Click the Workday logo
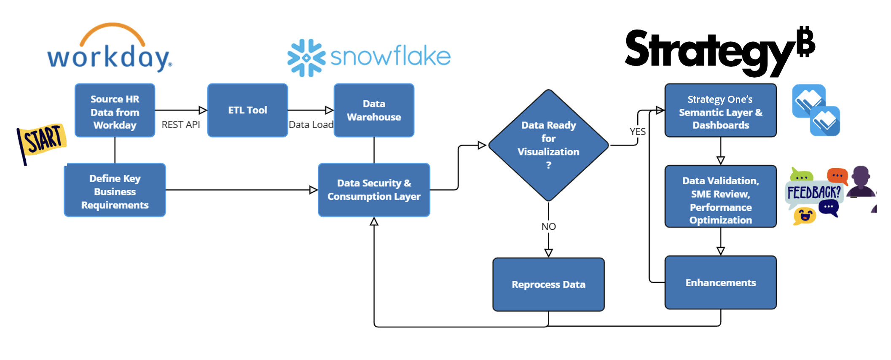pyautogui.click(x=110, y=48)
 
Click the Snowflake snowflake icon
pyautogui.click(x=306, y=58)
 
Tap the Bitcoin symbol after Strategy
pyautogui.click(x=806, y=42)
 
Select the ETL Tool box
pyautogui.click(x=247, y=110)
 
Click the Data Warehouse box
pyautogui.click(x=374, y=110)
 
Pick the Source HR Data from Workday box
pyautogui.click(x=115, y=110)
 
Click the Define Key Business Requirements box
pyautogui.click(x=115, y=191)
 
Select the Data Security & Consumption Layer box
pyautogui.click(x=374, y=190)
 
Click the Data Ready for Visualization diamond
pyautogui.click(x=548, y=145)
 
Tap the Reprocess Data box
pyautogui.click(x=548, y=285)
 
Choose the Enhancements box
pyautogui.click(x=720, y=282)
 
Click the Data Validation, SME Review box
pyautogui.click(x=720, y=197)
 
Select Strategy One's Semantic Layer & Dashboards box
pyautogui.click(x=720, y=110)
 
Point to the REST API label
pyautogui.click(x=181, y=125)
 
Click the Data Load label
pyautogui.click(x=311, y=125)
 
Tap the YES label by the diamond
pyautogui.click(x=637, y=132)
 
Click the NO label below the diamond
pyautogui.click(x=548, y=227)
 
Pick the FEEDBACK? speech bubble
pyautogui.click(x=813, y=193)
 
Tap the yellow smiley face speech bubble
pyautogui.click(x=804, y=216)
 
